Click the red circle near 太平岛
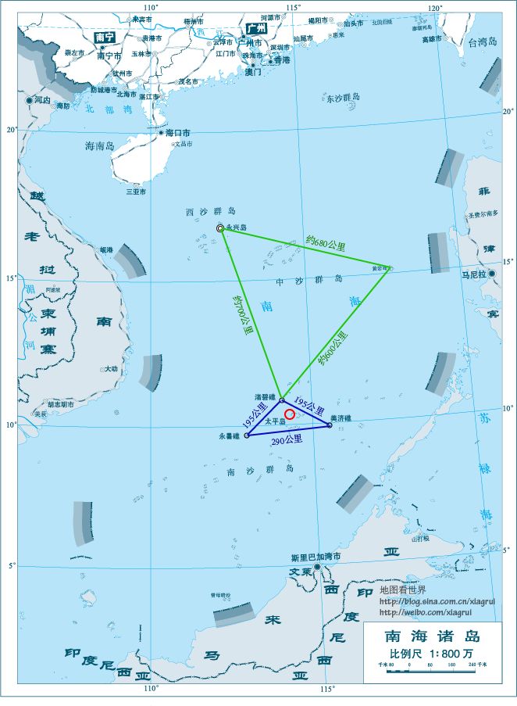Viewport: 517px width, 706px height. [290, 414]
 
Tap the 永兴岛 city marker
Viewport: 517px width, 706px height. [220, 228]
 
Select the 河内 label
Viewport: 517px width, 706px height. [43, 100]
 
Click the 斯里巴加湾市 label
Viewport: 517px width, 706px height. [316, 557]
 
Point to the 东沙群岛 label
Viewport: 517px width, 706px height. [344, 98]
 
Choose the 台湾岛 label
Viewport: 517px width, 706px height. [483, 42]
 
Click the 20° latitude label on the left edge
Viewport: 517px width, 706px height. [11, 130]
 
